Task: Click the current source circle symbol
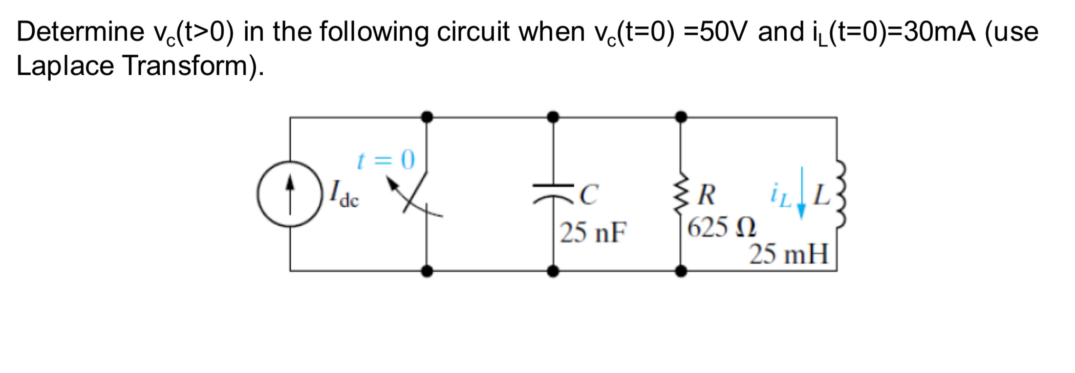click(290, 194)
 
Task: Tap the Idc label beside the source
click(344, 195)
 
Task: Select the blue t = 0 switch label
click(386, 160)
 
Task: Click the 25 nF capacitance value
click(593, 232)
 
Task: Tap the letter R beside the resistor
click(707, 195)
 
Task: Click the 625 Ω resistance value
click(721, 228)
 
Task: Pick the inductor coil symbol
click(839, 194)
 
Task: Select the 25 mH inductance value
click(789, 254)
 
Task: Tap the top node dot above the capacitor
click(553, 117)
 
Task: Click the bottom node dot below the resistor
click(681, 271)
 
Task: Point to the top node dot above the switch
click(427, 117)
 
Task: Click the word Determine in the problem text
click(80, 32)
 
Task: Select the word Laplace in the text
click(64, 66)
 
